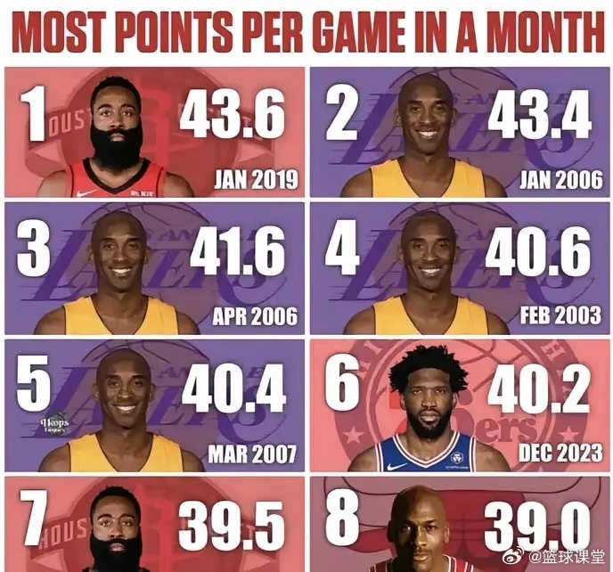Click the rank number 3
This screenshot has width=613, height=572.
[x=33, y=250]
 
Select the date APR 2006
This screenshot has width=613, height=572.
[x=255, y=316]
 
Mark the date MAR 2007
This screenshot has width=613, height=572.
[x=253, y=454]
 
